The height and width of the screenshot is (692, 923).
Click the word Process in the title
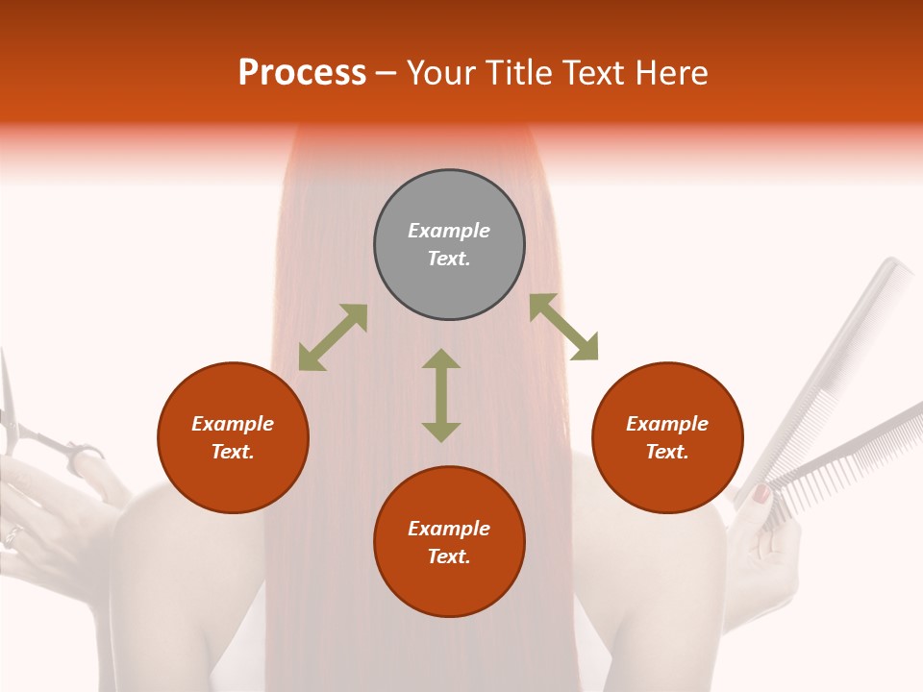(x=302, y=73)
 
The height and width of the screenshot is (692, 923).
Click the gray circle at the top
(x=449, y=244)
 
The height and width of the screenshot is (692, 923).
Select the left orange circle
(x=233, y=437)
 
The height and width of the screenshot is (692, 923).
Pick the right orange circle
(x=667, y=437)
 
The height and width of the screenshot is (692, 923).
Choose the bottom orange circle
(x=449, y=542)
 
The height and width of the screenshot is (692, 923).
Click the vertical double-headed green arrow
(x=441, y=395)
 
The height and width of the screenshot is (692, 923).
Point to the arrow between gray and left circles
(x=333, y=337)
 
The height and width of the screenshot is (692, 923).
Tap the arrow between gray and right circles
(x=563, y=327)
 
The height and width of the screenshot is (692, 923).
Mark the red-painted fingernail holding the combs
(x=761, y=494)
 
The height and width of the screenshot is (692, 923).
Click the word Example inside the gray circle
(x=449, y=231)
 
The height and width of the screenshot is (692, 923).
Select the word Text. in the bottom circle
(x=449, y=556)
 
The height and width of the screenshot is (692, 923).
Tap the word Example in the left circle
(x=233, y=424)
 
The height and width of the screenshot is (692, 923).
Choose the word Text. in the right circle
(x=667, y=452)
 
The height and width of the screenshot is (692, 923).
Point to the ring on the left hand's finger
(x=12, y=535)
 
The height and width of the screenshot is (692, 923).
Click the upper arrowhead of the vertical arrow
(x=441, y=359)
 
